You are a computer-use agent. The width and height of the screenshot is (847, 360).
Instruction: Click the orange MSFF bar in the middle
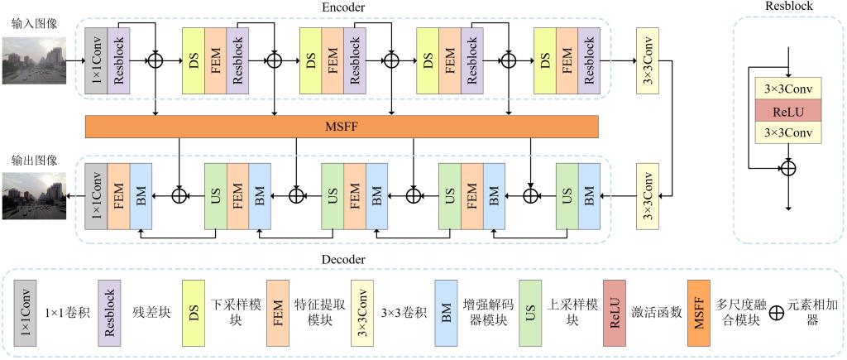[x=342, y=127]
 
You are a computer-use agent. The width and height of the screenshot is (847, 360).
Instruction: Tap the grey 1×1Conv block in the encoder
[x=96, y=60]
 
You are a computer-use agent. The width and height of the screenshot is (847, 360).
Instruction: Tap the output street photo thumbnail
[x=33, y=196]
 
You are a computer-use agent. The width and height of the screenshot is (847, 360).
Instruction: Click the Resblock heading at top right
[x=789, y=7]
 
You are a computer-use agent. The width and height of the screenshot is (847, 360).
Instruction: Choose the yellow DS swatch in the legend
[x=194, y=314]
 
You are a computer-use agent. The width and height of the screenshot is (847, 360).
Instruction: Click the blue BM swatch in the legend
[x=447, y=314]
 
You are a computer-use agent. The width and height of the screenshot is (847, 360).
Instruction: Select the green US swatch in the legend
[x=530, y=314]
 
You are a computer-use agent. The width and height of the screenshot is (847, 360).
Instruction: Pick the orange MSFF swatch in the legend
[x=699, y=314]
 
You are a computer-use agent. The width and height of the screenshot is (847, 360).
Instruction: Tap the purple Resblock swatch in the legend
[x=110, y=314]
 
